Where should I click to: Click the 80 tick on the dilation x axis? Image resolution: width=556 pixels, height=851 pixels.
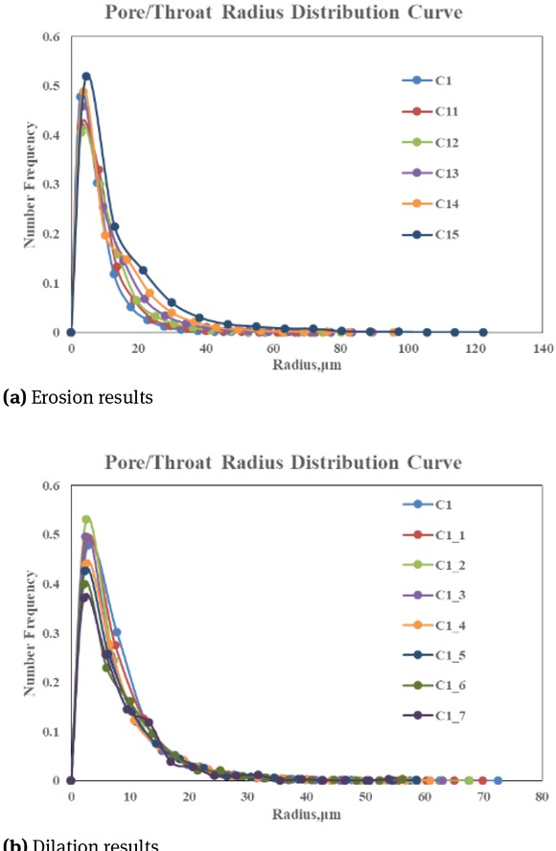543,796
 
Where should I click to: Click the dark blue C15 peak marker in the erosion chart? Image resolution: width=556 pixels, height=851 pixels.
86,76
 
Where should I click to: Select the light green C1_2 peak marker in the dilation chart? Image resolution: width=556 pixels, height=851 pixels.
86,520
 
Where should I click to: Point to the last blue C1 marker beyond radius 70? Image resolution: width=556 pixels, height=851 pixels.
497,780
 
